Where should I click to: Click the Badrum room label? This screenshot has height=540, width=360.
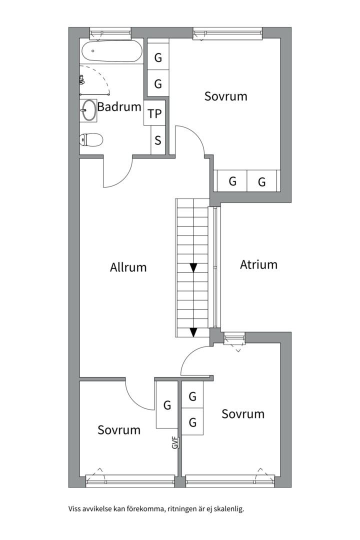[x=119, y=106]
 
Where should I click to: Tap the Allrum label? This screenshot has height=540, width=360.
[x=128, y=267]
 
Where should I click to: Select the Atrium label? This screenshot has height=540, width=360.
[x=258, y=264]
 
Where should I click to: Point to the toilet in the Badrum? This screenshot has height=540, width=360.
[x=91, y=139]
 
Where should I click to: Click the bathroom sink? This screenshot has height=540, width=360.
[x=89, y=110]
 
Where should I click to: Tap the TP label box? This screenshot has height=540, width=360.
[x=155, y=114]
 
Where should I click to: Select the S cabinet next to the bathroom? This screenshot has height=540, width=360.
[x=158, y=140]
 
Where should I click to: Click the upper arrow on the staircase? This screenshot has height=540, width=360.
[x=193, y=268]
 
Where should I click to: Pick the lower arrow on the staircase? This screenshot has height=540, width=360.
[x=193, y=332]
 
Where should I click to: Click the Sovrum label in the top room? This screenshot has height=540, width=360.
[x=225, y=96]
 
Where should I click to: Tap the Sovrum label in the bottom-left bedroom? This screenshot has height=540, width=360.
[x=119, y=430]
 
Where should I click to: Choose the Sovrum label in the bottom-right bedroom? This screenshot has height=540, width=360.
[x=243, y=414]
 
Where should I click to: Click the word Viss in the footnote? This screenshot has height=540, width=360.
[x=74, y=509]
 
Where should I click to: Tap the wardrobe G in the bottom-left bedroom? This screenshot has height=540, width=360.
[x=167, y=405]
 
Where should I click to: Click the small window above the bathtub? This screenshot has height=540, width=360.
[x=110, y=33]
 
